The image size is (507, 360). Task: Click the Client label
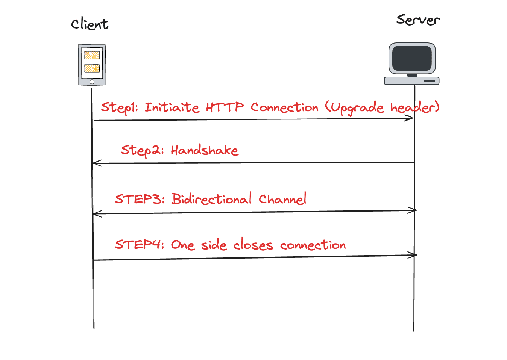click(x=90, y=24)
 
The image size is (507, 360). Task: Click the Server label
click(x=418, y=20)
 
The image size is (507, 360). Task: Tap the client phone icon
click(x=92, y=65)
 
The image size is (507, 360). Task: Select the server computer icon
click(x=412, y=64)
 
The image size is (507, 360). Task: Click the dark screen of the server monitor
click(x=412, y=58)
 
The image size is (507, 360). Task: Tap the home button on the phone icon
click(x=92, y=82)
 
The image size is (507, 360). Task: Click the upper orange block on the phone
click(x=92, y=55)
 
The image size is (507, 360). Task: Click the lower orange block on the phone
click(x=92, y=68)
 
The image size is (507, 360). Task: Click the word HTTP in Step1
click(x=225, y=107)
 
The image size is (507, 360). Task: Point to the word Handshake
click(x=204, y=150)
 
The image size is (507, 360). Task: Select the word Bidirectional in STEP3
click(x=211, y=198)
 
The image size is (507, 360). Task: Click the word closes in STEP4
click(x=253, y=245)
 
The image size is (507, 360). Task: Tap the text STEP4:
click(x=140, y=244)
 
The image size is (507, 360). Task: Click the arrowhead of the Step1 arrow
click(x=410, y=118)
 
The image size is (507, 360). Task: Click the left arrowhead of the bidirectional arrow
click(x=96, y=214)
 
